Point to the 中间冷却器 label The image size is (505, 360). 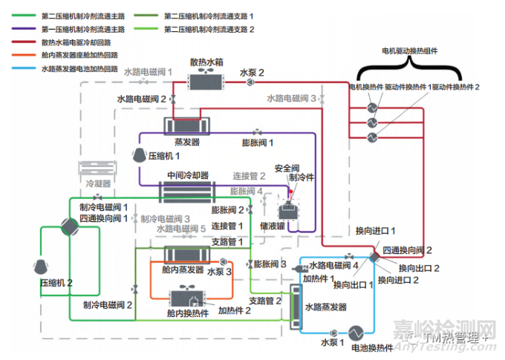coord(187,175)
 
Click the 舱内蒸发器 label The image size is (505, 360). coord(182,270)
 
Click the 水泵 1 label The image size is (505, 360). coord(332,343)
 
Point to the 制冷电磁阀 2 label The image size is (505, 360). coord(107,305)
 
